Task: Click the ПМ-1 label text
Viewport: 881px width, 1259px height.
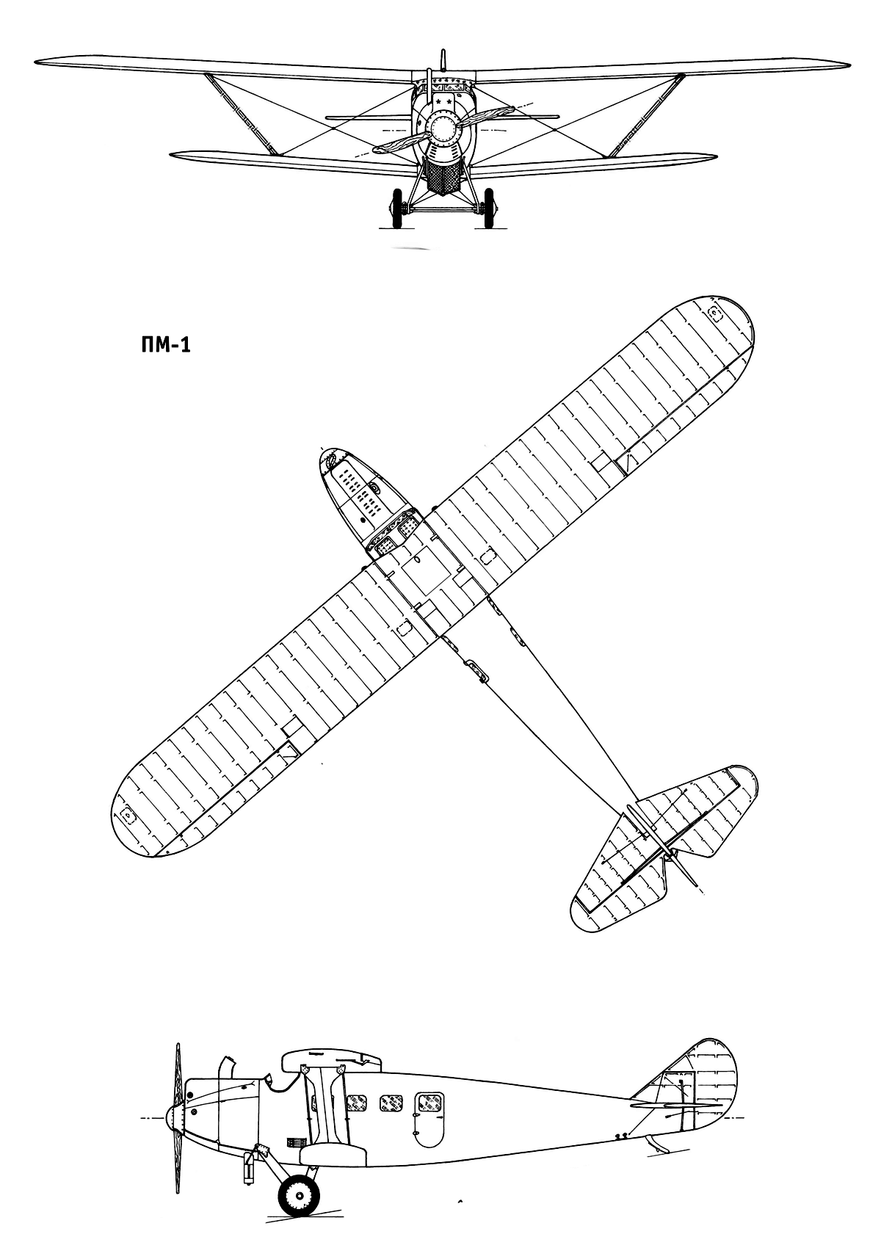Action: pyautogui.click(x=165, y=345)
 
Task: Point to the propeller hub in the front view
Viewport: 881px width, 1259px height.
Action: pyautogui.click(x=443, y=130)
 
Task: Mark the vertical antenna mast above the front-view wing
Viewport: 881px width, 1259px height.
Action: pyautogui.click(x=443, y=61)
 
